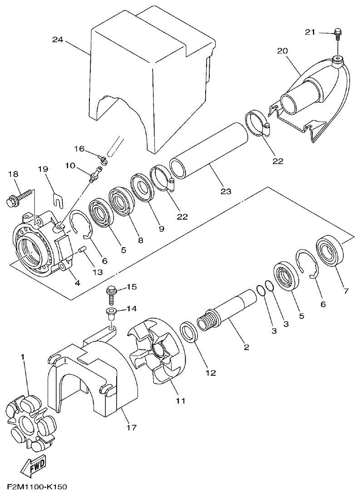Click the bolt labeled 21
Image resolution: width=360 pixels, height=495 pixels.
tap(338, 33)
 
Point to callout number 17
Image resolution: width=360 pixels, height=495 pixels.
tap(132, 427)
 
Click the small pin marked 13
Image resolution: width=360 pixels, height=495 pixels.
tap(82, 249)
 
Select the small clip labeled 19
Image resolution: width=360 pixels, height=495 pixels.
tap(55, 198)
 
